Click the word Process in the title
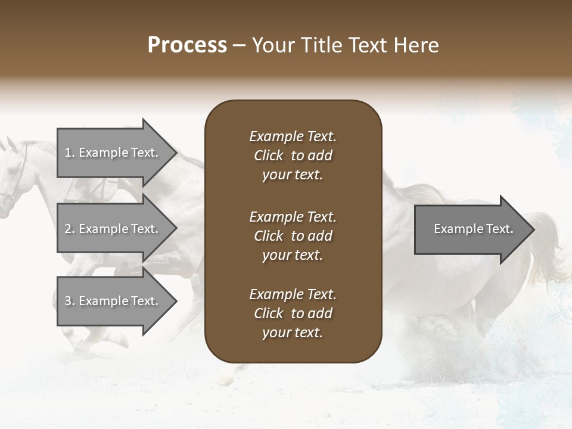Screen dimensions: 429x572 click(187, 45)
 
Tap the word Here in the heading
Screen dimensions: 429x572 click(414, 45)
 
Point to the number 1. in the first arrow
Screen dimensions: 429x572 click(69, 153)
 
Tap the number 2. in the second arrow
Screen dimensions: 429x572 click(69, 229)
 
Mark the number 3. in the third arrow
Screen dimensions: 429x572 click(69, 301)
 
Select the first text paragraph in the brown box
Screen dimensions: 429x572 click(293, 156)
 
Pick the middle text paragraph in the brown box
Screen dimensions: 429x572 click(293, 236)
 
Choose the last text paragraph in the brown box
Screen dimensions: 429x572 click(293, 313)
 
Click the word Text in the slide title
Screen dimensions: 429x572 click(367, 45)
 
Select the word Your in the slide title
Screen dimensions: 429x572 click(273, 45)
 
